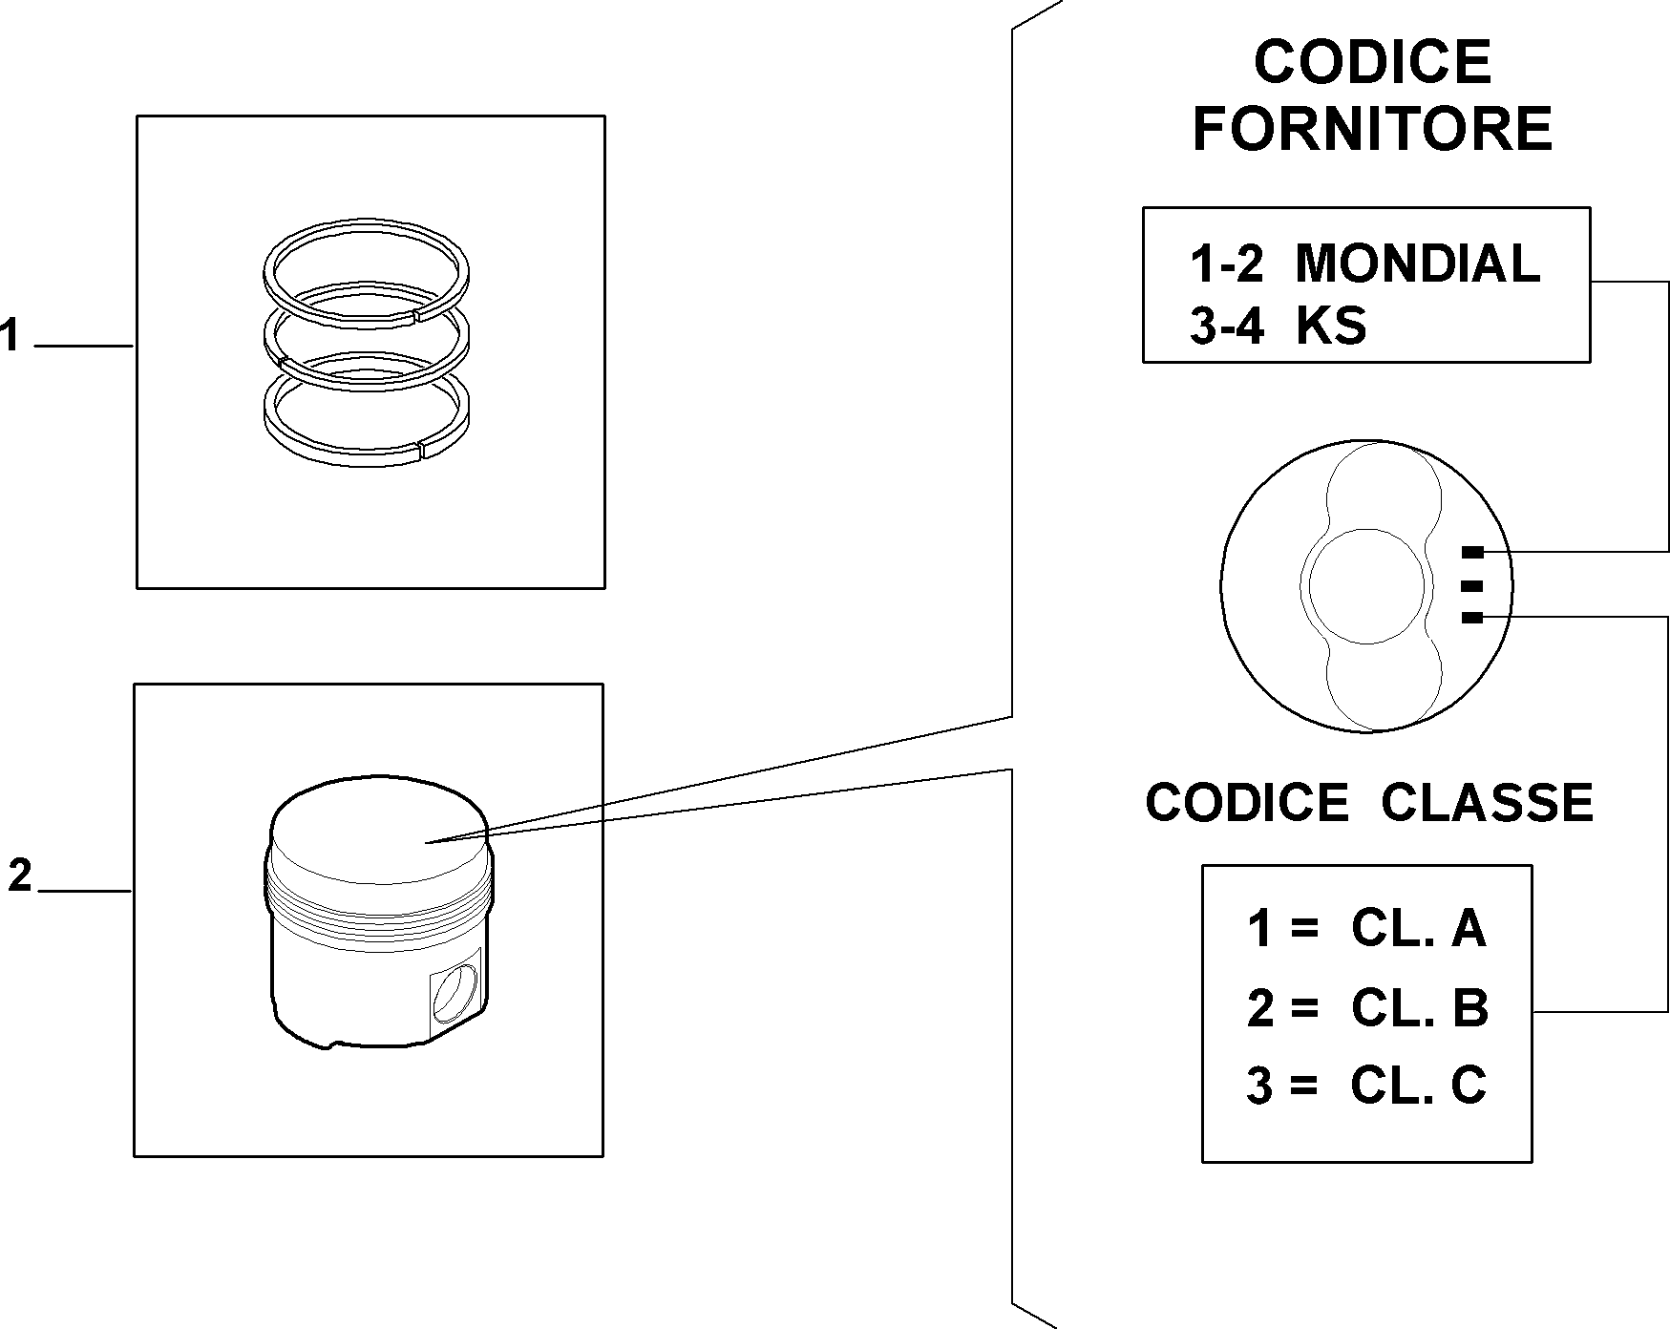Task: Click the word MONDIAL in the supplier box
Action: pyautogui.click(x=1417, y=264)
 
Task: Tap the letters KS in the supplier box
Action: pyautogui.click(x=1331, y=327)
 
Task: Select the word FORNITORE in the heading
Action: pyautogui.click(x=1373, y=129)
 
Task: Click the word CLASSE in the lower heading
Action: pyautogui.click(x=1487, y=802)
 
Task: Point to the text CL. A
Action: pyautogui.click(x=1419, y=928)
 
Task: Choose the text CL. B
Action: pyautogui.click(x=1420, y=1008)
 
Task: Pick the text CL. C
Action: pyautogui.click(x=1419, y=1086)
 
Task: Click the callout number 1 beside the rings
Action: pyautogui.click(x=11, y=336)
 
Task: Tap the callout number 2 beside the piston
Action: pyautogui.click(x=20, y=875)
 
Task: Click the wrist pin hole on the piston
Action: pyautogui.click(x=454, y=995)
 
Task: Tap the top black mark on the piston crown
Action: pyautogui.click(x=1472, y=552)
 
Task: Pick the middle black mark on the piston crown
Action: pyautogui.click(x=1472, y=585)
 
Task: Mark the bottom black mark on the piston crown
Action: pyautogui.click(x=1472, y=619)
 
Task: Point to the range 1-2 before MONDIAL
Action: pyautogui.click(x=1227, y=264)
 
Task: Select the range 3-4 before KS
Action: pyautogui.click(x=1227, y=327)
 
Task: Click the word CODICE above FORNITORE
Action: pyautogui.click(x=1373, y=62)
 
